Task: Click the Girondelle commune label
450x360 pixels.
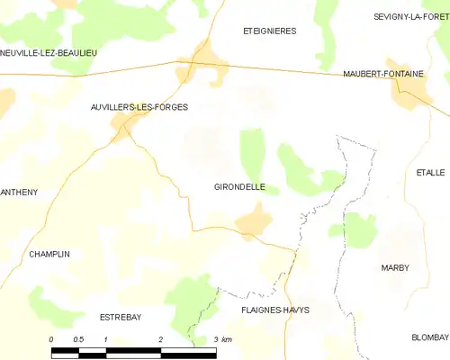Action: (x=239, y=187)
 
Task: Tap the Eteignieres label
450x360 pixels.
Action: (x=269, y=31)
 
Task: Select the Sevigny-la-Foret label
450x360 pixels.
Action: (x=410, y=16)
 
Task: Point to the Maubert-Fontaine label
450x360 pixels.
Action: (x=383, y=74)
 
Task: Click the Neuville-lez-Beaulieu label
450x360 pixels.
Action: (x=49, y=52)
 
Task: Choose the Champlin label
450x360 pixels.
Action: (x=49, y=254)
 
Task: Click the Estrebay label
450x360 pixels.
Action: (x=121, y=316)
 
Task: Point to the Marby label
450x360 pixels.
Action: (x=395, y=267)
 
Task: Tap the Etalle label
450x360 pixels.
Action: (x=430, y=172)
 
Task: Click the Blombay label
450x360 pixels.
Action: (x=429, y=337)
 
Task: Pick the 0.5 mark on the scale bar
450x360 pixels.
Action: (x=78, y=339)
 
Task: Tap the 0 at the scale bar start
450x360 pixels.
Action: (x=51, y=339)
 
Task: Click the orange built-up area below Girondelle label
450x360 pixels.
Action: (x=254, y=220)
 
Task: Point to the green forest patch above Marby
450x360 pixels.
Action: (x=360, y=230)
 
